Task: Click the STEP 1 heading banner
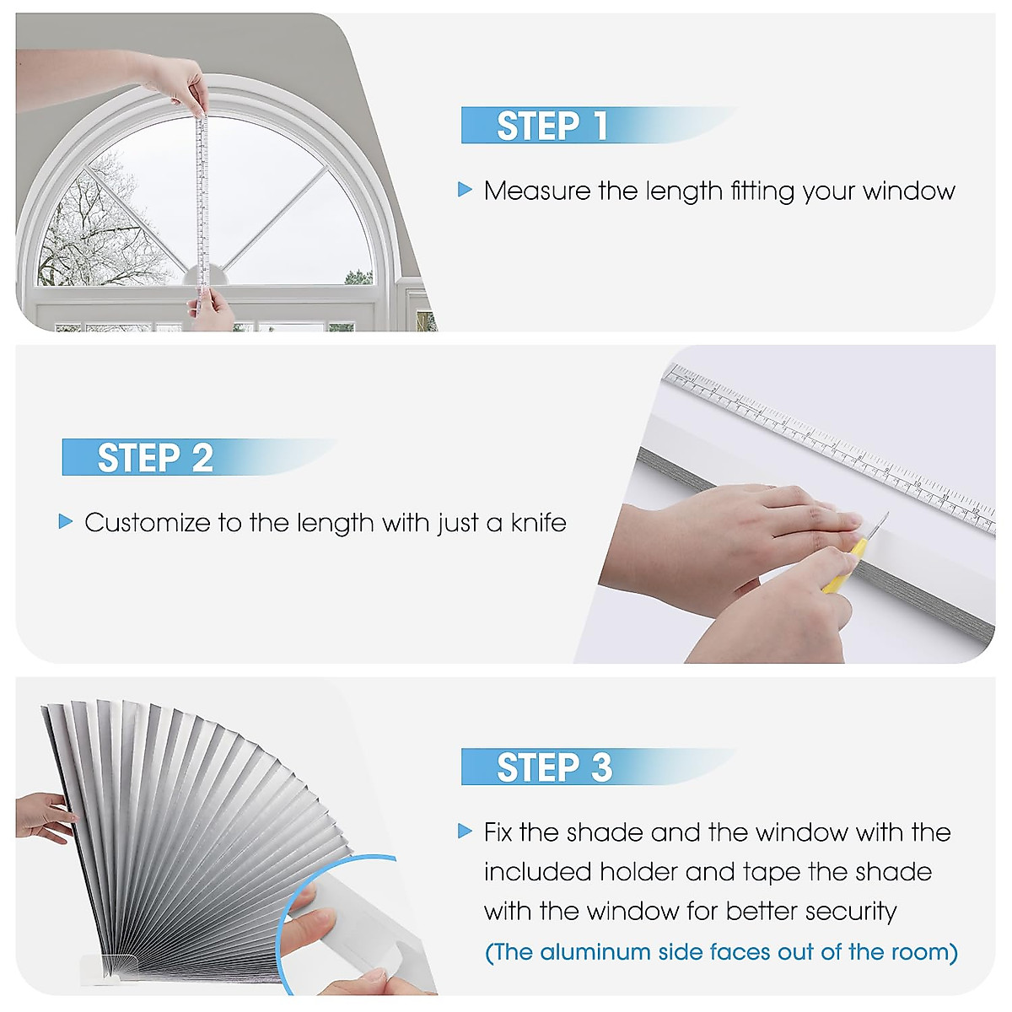coord(599,125)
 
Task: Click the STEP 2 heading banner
coord(200,457)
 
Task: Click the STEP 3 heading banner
coord(599,767)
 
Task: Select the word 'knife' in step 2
coord(538,522)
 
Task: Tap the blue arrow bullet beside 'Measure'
coord(465,190)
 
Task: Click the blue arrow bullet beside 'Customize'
coord(66,521)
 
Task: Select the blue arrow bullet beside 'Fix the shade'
coord(465,832)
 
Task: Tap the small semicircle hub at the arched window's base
coord(205,277)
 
